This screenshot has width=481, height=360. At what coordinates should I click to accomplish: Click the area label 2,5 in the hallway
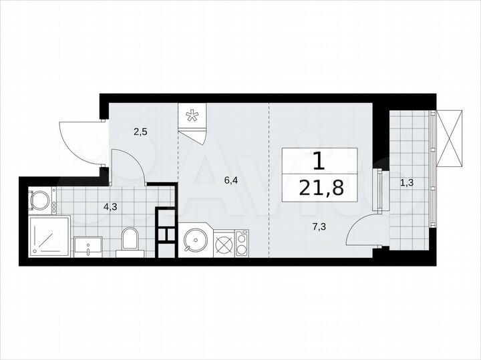(x=140, y=132)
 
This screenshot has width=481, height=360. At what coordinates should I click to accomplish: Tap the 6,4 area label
(x=230, y=180)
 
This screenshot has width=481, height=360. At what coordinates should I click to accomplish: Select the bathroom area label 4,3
(x=110, y=206)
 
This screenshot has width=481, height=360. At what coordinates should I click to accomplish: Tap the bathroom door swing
(x=127, y=167)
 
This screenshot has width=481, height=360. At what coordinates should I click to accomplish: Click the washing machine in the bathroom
(x=41, y=200)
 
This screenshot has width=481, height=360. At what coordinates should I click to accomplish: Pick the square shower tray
(x=49, y=236)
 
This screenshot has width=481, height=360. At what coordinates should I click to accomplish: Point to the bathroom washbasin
(x=88, y=246)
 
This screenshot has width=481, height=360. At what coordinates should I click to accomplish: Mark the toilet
(x=130, y=241)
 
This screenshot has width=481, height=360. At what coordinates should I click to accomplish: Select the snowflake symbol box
(x=192, y=117)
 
